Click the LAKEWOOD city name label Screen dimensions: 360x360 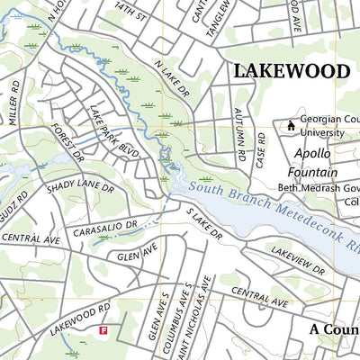tap(290, 71)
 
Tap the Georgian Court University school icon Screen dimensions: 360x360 tap(291, 126)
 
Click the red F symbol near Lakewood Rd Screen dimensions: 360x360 tap(103, 330)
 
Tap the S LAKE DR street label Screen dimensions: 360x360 tap(205, 223)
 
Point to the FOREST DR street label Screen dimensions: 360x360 tap(67, 145)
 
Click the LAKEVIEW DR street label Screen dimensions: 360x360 tap(297, 258)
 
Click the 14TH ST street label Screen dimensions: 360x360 tap(135, 13)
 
